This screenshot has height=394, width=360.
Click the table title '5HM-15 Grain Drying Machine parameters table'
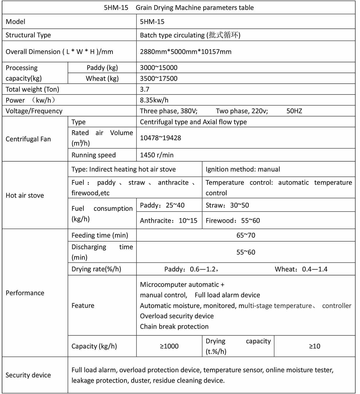[x=179, y=8]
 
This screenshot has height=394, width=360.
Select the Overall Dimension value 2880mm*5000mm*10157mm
[x=186, y=52]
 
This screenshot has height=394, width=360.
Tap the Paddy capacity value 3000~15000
[x=159, y=68]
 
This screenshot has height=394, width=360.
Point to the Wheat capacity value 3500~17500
[x=159, y=78]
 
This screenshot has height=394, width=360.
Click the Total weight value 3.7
[x=145, y=89]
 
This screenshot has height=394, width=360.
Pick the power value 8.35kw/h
[x=154, y=100]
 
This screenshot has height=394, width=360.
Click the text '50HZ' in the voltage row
[x=294, y=111]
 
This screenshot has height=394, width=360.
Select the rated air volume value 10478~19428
[x=160, y=138]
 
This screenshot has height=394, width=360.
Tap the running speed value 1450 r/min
[x=157, y=155]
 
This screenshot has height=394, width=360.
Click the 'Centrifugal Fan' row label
[x=28, y=139]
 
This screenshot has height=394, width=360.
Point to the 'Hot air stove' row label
[x=25, y=196]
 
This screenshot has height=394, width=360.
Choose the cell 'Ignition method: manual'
[x=243, y=169]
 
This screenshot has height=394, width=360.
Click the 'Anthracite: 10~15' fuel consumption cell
[x=169, y=221]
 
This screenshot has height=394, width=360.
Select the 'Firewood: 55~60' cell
[x=233, y=221]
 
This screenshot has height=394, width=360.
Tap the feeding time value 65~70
[x=246, y=235]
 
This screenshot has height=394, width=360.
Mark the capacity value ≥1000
[x=169, y=346]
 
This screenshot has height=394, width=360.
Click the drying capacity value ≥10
[x=315, y=346]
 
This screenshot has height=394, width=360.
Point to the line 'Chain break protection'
[x=174, y=327]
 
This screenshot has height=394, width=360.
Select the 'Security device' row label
[x=28, y=375]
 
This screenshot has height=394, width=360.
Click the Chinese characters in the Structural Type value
[x=224, y=35]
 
